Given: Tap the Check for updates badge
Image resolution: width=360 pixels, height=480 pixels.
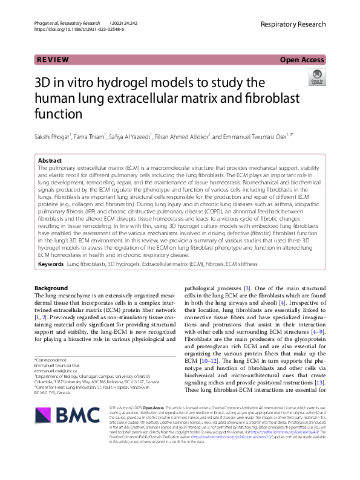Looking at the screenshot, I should click(x=317, y=77).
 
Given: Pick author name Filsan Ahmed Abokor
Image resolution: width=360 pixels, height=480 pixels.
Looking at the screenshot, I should click(x=182, y=137).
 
